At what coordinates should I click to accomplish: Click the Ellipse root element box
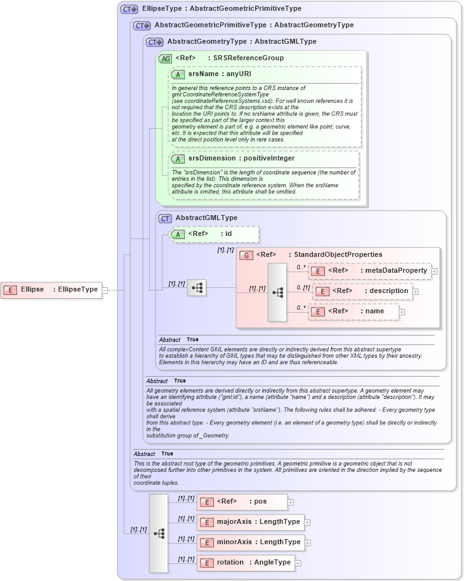tap(51, 290)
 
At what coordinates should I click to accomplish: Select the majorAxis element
tap(251, 522)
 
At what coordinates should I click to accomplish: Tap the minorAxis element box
tap(251, 542)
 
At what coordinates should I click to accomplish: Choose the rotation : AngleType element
tap(246, 563)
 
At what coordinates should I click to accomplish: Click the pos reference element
tap(242, 502)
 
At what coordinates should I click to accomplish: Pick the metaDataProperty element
tap(369, 271)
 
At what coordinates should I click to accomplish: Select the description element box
tap(362, 291)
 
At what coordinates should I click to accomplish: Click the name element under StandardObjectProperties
tap(354, 311)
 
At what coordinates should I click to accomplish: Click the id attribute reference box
tap(215, 234)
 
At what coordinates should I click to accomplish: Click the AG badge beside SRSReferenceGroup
tap(166, 58)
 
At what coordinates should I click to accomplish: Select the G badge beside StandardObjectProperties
tap(246, 255)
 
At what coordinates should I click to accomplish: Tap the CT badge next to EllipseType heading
tap(129, 10)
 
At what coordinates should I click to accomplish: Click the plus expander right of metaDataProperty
tap(435, 271)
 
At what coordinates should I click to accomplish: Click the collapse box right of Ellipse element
tap(105, 290)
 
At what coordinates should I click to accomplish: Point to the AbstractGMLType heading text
tap(206, 218)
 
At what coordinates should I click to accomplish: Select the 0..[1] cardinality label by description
tap(303, 287)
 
